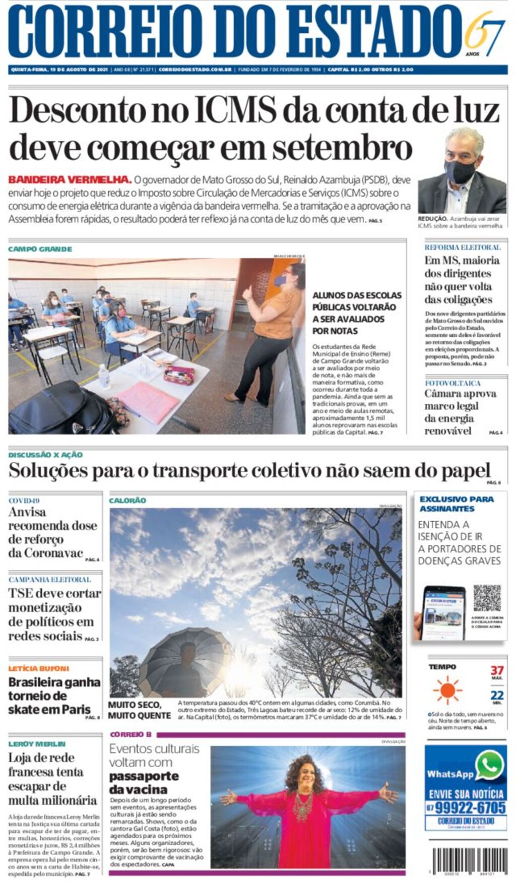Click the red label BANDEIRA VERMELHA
click(x=70, y=179)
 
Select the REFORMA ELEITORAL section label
click(x=462, y=247)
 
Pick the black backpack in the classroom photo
click(x=60, y=408)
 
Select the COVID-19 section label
click(x=24, y=500)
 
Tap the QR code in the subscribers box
click(x=487, y=598)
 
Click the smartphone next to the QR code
click(x=443, y=612)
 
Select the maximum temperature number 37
click(x=496, y=670)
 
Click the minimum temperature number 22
click(x=496, y=696)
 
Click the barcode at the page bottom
click(x=469, y=861)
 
